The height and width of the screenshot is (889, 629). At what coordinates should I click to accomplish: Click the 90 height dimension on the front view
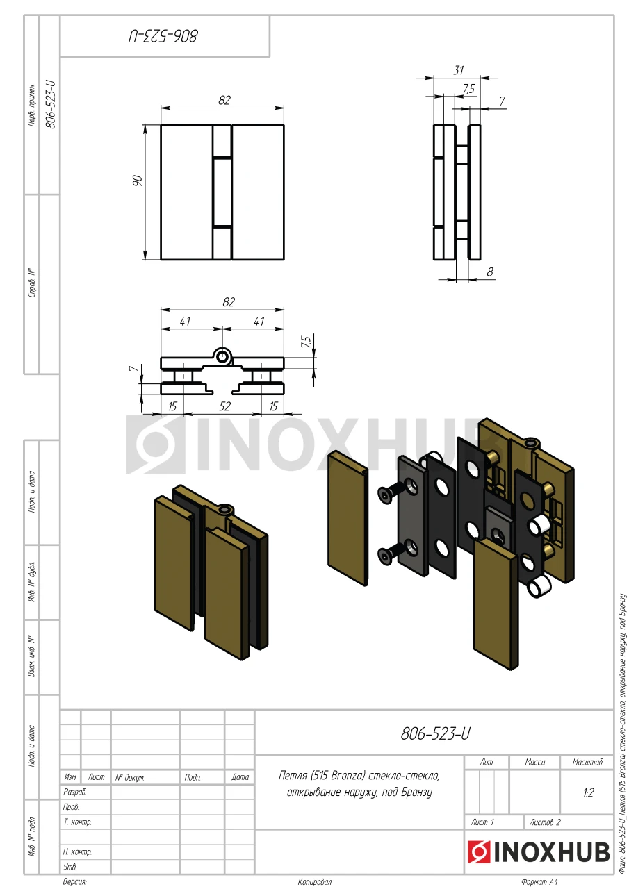coord(138,181)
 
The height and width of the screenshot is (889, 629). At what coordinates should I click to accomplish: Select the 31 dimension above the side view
coord(459,70)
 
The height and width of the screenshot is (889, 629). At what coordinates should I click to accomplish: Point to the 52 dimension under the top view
coord(224,406)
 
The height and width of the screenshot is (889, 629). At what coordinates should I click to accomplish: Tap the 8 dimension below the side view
coord(490,272)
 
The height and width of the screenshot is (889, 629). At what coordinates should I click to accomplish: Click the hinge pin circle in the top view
coord(222,356)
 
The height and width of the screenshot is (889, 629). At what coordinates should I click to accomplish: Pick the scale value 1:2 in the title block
coord(588,792)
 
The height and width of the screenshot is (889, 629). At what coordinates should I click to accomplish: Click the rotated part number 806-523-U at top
coord(163,36)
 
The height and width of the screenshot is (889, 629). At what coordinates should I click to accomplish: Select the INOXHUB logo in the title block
coord(539,851)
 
